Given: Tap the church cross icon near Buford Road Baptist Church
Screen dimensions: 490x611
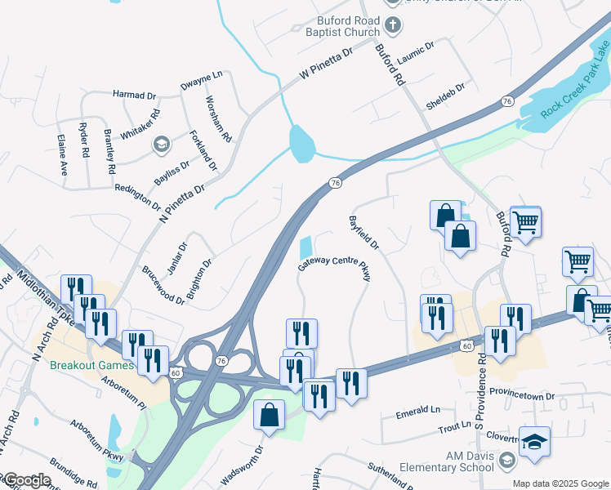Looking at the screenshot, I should click(x=392, y=24).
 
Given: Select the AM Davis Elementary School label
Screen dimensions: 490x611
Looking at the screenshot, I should click(x=446, y=461).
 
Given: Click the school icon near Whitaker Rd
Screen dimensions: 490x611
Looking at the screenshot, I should click(x=161, y=145).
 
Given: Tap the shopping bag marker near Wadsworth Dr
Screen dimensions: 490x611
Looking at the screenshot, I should click(x=270, y=415).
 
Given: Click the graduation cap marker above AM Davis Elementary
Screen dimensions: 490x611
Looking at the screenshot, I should click(x=533, y=442).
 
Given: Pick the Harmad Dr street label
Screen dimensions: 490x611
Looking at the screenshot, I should click(x=134, y=96).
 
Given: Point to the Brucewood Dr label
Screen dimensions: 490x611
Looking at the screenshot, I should click(x=163, y=285).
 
